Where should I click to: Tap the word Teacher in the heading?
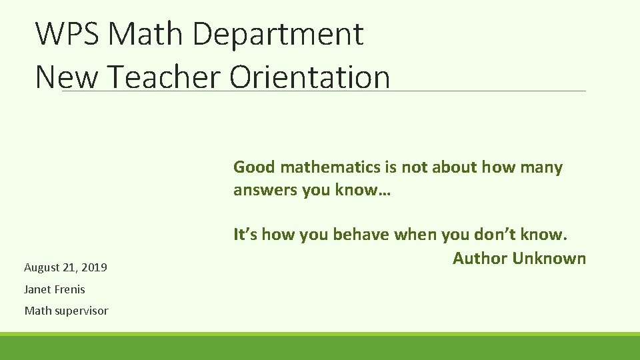[163, 77]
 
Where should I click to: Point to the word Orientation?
[309, 77]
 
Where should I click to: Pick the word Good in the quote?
[254, 167]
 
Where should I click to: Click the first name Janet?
[36, 289]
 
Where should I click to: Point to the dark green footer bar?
[320, 348]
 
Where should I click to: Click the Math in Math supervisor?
[37, 311]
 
